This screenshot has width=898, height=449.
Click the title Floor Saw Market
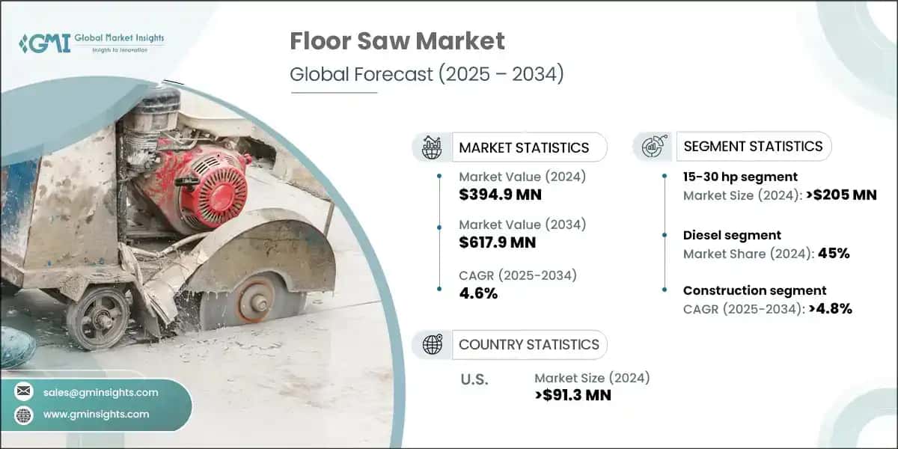pos(397,42)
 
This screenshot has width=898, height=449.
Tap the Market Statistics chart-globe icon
pos(431,147)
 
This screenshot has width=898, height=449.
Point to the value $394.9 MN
pos(500,195)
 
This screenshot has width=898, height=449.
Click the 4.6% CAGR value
pos(480,293)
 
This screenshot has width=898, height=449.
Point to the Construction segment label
pos(754,290)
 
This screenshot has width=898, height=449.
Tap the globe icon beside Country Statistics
pos(431,344)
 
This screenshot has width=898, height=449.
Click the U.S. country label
pos(474,379)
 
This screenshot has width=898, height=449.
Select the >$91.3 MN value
pos(573,395)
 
